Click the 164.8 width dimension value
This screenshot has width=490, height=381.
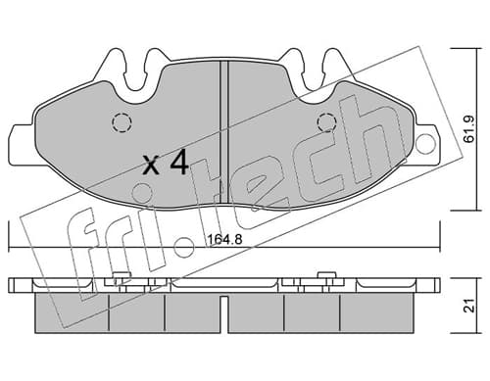225,240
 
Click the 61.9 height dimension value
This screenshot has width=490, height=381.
469,129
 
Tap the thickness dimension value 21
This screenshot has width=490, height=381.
469,306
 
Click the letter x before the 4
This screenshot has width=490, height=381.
152,165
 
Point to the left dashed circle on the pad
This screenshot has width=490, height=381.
122,122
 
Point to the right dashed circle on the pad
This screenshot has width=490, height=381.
326,122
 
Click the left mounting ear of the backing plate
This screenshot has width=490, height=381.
23,144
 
